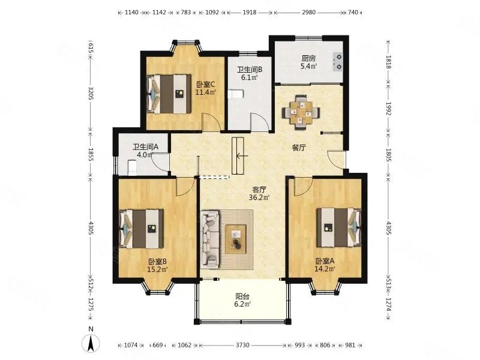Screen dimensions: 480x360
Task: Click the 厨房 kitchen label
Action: tap(308, 58)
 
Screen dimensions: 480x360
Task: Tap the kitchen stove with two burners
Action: tap(338, 62)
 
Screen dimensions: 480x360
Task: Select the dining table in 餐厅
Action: tap(302, 113)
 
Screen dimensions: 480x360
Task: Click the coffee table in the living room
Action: tap(236, 239)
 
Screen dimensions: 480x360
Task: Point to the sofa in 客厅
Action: tap(210, 239)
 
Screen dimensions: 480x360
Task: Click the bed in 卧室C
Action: tap(169, 94)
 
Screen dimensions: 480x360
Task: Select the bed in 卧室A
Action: tap(339, 227)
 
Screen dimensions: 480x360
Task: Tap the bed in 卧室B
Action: tap(142, 229)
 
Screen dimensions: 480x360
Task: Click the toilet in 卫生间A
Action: tap(132, 168)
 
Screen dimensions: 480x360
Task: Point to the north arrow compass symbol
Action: tap(91, 343)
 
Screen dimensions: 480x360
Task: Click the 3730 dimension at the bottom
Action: tap(242, 346)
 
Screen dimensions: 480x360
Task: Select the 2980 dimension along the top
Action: tap(308, 13)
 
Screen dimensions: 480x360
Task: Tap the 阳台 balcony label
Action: tap(242, 296)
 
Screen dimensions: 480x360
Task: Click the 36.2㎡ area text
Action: tap(259, 197)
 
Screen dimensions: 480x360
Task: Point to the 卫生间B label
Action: tap(250, 70)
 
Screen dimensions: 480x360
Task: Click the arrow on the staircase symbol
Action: tap(242, 156)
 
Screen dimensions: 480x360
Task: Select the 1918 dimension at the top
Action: tap(250, 13)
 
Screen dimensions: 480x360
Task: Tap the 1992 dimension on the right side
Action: tap(388, 109)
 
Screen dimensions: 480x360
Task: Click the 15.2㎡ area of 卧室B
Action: tap(157, 269)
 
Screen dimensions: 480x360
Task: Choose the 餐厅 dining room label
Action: tap(299, 148)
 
